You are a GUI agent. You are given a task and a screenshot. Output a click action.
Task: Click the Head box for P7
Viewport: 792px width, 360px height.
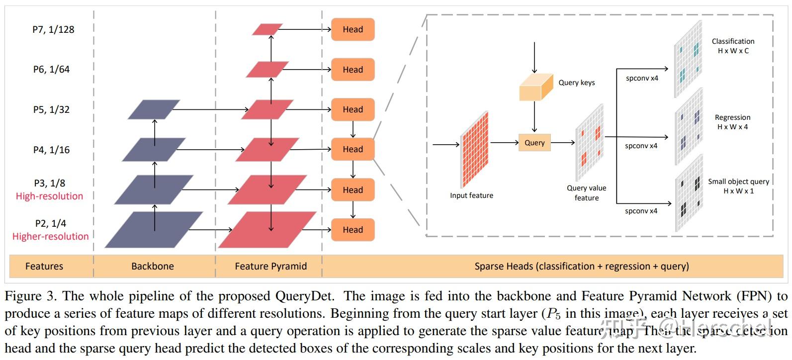(x=352, y=29)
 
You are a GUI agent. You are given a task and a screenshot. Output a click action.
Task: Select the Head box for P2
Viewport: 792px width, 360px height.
(x=352, y=230)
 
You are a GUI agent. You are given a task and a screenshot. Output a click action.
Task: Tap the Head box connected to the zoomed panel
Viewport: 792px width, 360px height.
(x=352, y=149)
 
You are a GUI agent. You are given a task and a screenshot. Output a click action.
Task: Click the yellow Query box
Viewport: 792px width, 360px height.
(x=534, y=143)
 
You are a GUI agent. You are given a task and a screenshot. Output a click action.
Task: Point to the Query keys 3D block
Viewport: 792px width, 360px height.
(x=536, y=88)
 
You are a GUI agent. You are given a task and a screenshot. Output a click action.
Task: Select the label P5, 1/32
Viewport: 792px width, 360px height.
(x=51, y=109)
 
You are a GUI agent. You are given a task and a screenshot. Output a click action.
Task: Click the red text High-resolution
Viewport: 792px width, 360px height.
(x=49, y=196)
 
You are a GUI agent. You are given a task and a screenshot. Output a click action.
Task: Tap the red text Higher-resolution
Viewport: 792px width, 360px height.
(x=50, y=236)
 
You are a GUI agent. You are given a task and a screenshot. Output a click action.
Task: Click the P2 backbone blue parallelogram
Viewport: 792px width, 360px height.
(x=153, y=230)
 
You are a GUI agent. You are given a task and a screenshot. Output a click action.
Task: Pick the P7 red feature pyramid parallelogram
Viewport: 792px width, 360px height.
(x=267, y=29)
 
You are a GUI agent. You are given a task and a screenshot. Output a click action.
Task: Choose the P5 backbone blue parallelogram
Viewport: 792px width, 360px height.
(x=153, y=109)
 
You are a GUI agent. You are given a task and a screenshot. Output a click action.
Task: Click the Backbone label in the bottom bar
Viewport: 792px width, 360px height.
(x=153, y=266)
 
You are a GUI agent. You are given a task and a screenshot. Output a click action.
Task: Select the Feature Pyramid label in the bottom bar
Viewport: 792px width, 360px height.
(x=270, y=266)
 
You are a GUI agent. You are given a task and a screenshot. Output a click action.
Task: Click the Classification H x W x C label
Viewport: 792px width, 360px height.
(x=733, y=46)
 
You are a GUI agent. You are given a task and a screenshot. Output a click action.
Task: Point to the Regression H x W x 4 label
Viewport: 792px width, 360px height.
(x=732, y=122)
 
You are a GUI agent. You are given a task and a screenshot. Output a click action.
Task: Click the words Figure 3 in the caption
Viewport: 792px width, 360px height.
(x=29, y=296)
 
